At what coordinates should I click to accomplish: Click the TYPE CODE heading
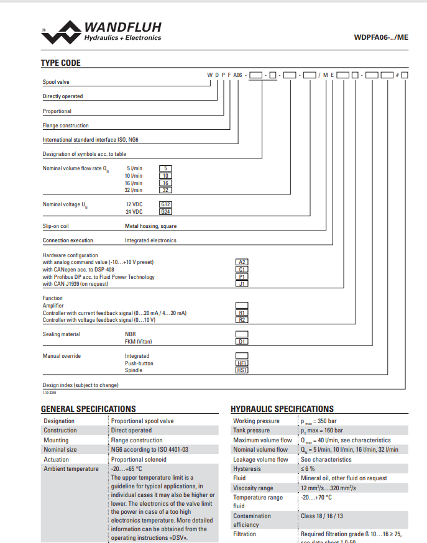[61, 63]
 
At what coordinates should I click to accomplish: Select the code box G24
[165, 211]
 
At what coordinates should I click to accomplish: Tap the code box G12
[165, 204]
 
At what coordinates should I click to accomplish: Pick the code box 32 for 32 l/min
[165, 190]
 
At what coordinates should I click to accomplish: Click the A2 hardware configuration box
[242, 262]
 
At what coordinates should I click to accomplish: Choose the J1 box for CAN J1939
[242, 283]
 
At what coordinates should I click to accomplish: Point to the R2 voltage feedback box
[242, 319]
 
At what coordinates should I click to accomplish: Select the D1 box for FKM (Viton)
[242, 341]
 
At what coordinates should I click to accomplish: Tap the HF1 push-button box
[242, 363]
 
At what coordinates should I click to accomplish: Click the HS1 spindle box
[242, 370]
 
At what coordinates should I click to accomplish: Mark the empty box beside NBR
[242, 334]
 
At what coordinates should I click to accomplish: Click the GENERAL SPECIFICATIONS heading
[88, 409]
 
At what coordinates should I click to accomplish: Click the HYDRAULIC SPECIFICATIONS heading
[282, 409]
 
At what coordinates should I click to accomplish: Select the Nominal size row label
[60, 449]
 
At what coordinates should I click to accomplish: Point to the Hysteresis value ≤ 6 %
[308, 468]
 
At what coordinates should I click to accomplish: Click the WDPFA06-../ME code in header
[381, 37]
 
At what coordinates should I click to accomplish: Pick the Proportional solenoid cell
[136, 459]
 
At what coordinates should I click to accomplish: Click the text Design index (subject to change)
[80, 385]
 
